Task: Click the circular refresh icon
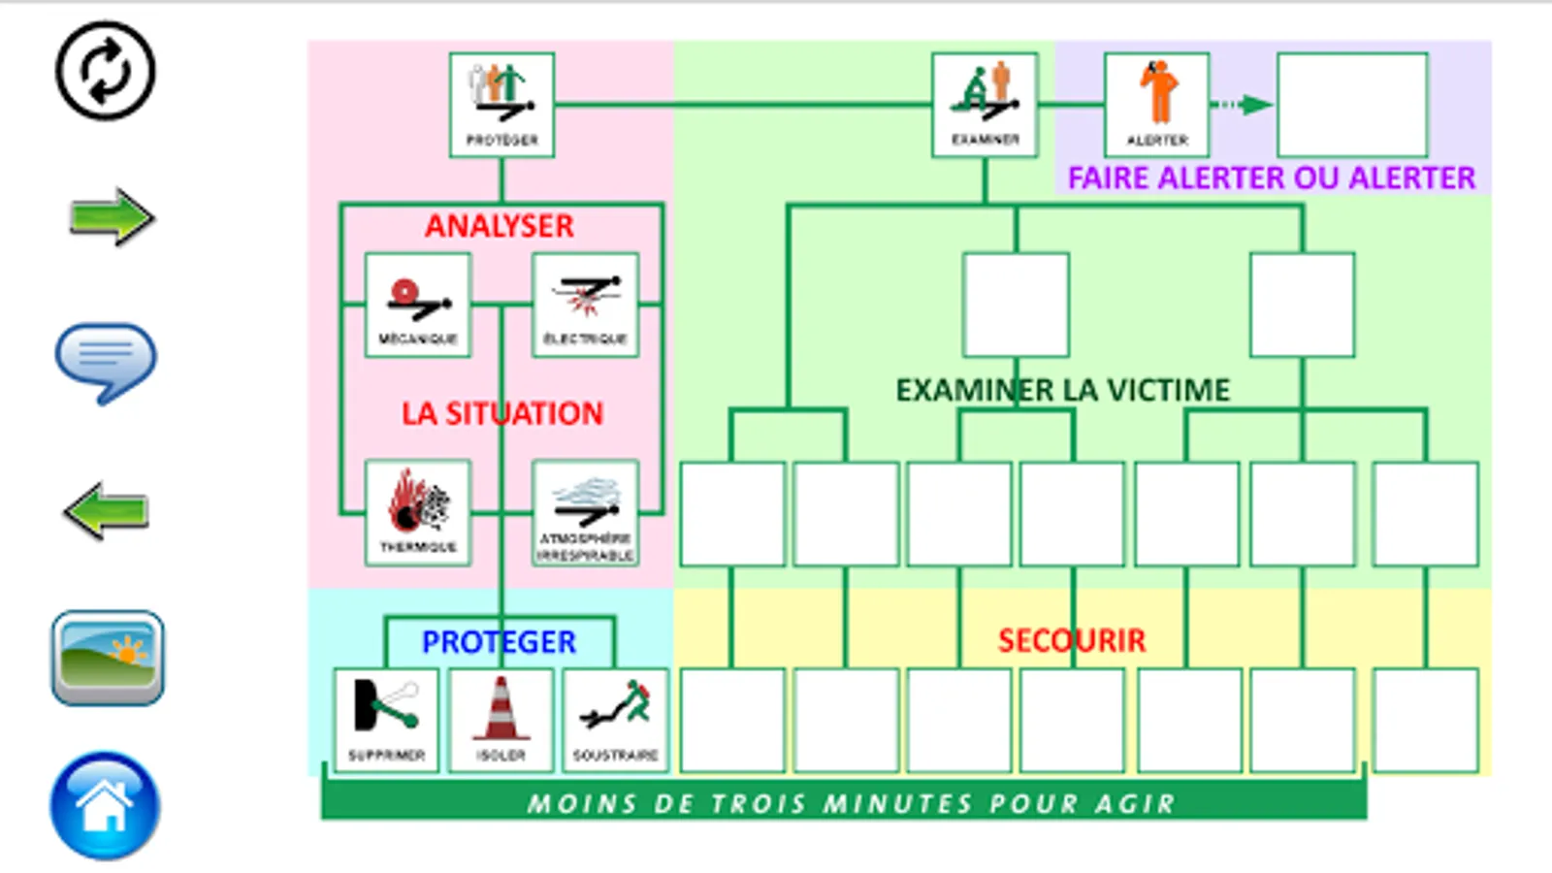pos(105,71)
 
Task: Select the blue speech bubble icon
pos(105,361)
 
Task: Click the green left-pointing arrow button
pos(106,510)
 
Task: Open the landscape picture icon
pos(107,658)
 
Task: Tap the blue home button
pos(105,805)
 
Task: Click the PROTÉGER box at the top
pos(501,105)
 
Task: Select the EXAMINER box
pos(985,105)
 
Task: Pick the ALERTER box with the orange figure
pos(1156,105)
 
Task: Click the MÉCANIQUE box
pos(418,306)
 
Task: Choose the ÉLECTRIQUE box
pos(585,306)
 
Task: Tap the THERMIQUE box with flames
pos(418,512)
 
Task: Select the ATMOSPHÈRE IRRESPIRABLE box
pos(585,512)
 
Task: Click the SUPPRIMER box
pos(386,720)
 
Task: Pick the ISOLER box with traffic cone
pos(501,720)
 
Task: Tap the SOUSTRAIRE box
pos(615,720)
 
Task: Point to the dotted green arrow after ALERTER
pos(1243,105)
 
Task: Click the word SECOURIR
pos(1072,640)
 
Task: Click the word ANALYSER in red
pos(500,226)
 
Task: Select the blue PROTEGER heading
pos(499,642)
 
